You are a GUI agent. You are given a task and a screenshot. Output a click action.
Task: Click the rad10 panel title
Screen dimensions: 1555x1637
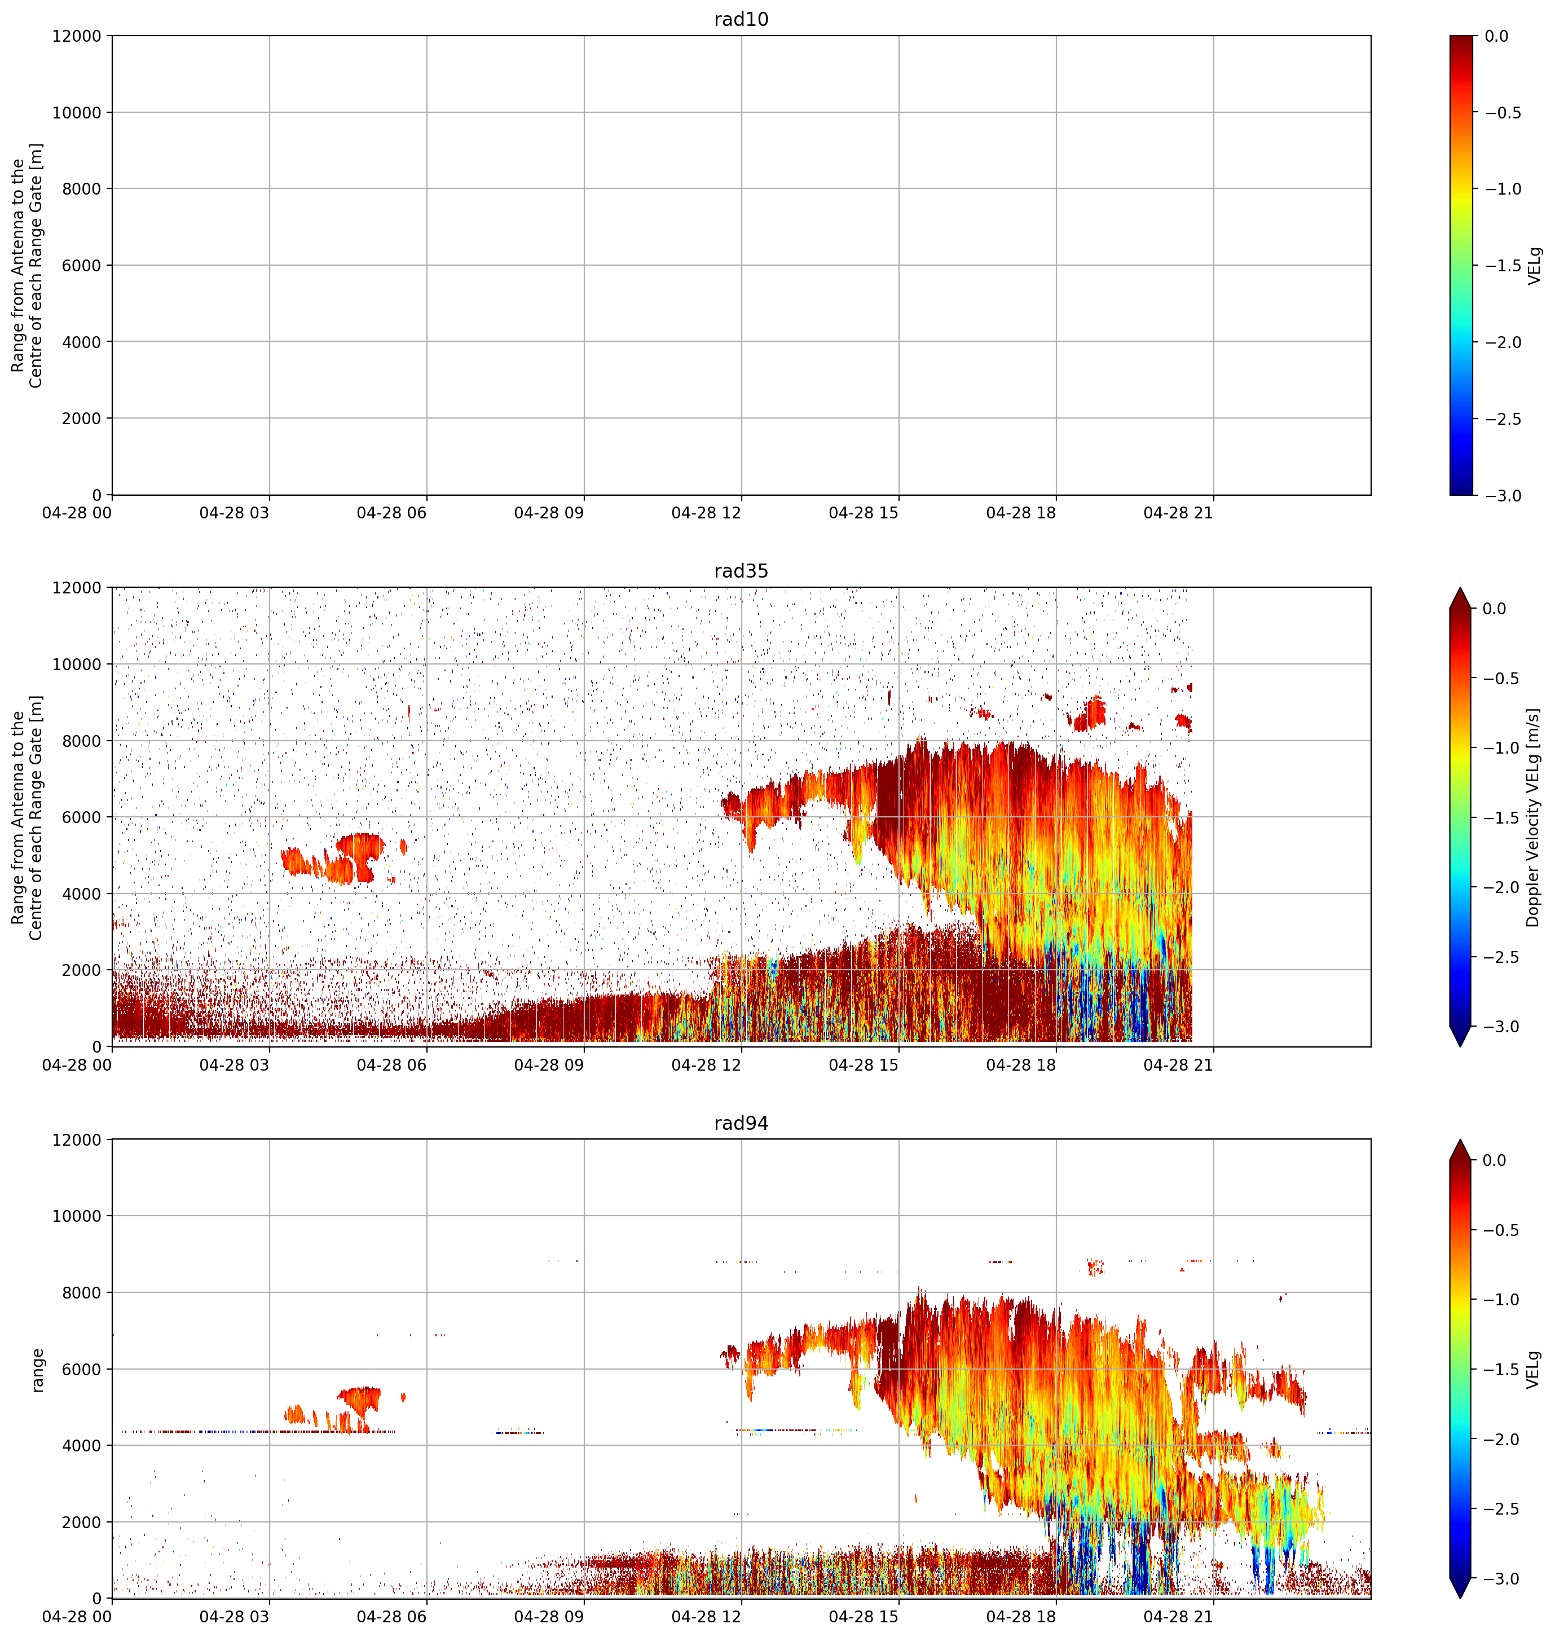(741, 19)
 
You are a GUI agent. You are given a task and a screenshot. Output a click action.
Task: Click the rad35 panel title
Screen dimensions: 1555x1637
(741, 571)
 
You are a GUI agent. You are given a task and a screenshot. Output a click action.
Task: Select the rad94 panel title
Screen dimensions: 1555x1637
(741, 1123)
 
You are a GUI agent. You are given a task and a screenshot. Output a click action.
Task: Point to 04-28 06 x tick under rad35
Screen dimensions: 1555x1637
(391, 1065)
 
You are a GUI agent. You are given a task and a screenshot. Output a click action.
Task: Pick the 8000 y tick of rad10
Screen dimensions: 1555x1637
(82, 189)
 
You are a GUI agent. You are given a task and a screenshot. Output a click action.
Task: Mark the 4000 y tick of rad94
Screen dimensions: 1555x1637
(82, 1446)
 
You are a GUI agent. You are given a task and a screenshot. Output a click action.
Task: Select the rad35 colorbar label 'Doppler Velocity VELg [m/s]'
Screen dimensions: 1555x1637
(1532, 817)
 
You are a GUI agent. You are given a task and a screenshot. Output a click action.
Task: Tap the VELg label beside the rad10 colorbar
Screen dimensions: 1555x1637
(1534, 265)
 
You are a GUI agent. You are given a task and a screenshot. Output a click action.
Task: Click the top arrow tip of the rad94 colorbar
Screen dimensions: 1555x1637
(1460, 1139)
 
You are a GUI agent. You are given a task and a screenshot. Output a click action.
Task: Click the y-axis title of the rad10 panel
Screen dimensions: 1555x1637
(27, 265)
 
